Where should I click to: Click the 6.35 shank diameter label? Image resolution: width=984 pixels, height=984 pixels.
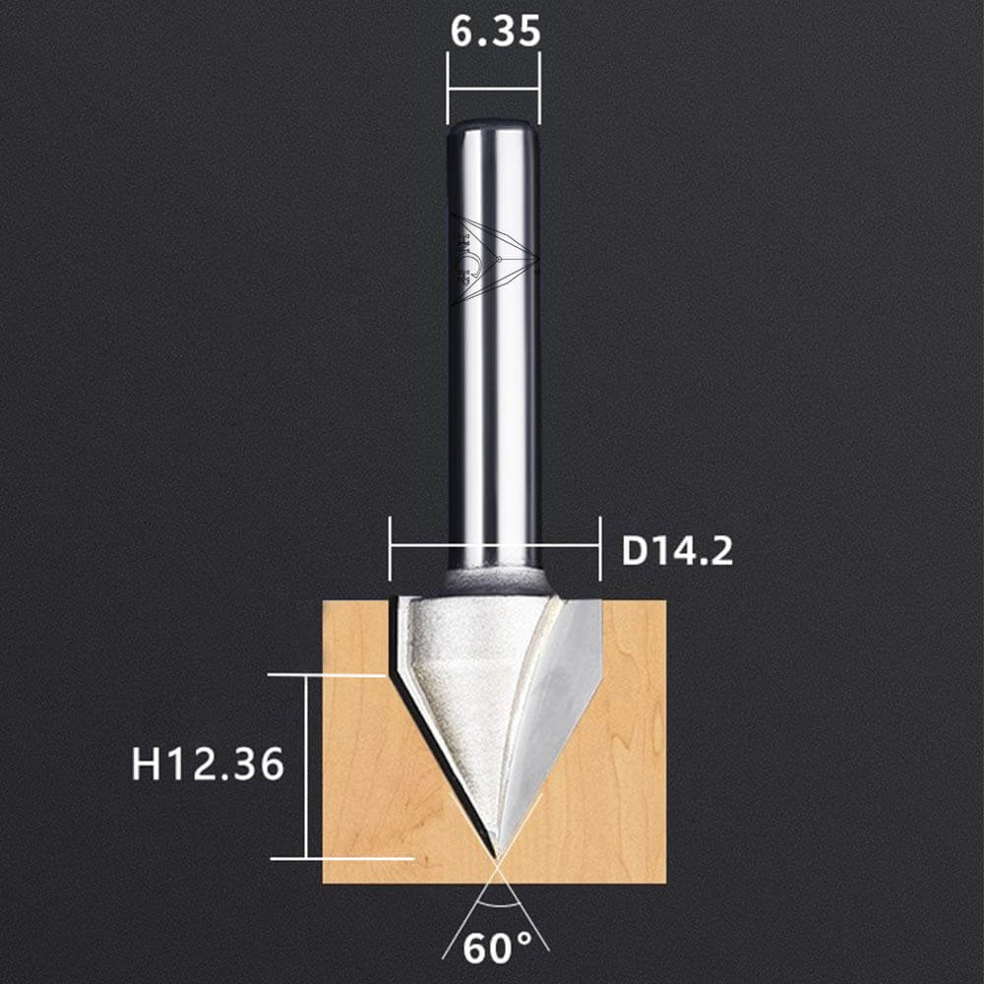pos(495,31)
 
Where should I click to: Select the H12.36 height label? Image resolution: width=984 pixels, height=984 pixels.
pos(208,765)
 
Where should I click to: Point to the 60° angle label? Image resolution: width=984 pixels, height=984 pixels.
pos(497,948)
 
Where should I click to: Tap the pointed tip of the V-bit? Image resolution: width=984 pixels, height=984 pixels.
pos(496,858)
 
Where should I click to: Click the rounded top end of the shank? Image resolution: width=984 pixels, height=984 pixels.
pos(493,127)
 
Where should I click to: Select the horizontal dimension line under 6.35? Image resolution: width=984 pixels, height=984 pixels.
pos(493,90)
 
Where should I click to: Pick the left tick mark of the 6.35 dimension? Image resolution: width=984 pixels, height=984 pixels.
pos(448,88)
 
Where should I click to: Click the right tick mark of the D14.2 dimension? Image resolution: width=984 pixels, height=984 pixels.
pos(600,549)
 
